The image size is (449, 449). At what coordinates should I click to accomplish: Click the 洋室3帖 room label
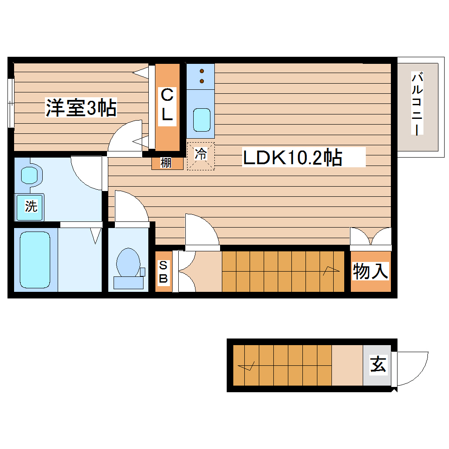[81, 108]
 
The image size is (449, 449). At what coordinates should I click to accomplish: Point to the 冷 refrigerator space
[201, 155]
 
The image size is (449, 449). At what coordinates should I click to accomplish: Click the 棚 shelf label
[166, 163]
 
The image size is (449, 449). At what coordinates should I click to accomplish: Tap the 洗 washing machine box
[30, 206]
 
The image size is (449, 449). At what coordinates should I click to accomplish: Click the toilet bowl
[127, 263]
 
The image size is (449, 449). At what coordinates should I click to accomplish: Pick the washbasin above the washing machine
[30, 175]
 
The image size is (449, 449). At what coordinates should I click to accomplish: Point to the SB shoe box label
[163, 272]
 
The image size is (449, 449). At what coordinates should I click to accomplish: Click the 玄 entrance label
[378, 365]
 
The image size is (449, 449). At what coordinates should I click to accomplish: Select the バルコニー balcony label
[417, 104]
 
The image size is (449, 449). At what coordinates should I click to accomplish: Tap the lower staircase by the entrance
[282, 365]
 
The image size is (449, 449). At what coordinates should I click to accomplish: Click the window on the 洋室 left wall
[11, 103]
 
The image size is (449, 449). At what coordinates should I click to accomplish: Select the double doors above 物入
[371, 236]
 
